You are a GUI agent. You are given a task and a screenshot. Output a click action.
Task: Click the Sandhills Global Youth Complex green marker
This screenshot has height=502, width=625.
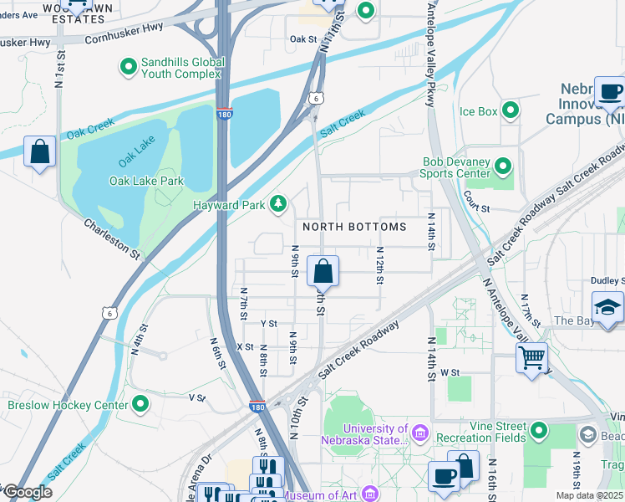(128, 66)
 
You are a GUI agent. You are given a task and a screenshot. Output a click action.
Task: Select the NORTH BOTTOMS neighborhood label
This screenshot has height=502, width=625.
(354, 227)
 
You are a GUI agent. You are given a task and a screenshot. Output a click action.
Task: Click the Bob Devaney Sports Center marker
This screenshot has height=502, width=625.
(503, 166)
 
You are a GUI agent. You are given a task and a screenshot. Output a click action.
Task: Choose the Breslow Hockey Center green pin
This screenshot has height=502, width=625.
(140, 405)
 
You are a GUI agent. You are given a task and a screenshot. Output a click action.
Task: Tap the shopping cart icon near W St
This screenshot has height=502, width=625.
(531, 357)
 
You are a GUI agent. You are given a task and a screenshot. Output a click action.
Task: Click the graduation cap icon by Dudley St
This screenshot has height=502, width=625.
(607, 307)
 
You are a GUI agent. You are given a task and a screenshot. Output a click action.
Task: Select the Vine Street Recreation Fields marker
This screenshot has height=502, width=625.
(539, 431)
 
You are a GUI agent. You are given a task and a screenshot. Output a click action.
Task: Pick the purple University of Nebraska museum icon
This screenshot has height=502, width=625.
(419, 433)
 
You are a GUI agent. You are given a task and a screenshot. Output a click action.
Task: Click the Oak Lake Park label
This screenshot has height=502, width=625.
(146, 181)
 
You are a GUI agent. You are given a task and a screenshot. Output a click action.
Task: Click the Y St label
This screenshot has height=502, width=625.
(268, 323)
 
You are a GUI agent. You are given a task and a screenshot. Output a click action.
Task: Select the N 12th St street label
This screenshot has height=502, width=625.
(379, 264)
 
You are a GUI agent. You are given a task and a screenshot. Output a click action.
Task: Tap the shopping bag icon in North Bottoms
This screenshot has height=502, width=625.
(323, 272)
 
